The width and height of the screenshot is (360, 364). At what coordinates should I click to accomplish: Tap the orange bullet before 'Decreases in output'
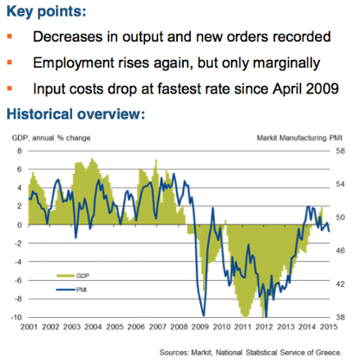point(10,39)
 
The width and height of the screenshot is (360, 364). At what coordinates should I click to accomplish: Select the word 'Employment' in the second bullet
point(71,63)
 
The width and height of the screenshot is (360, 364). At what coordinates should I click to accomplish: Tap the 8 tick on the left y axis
point(19,151)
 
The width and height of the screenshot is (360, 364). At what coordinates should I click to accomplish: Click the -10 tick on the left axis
point(16,317)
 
